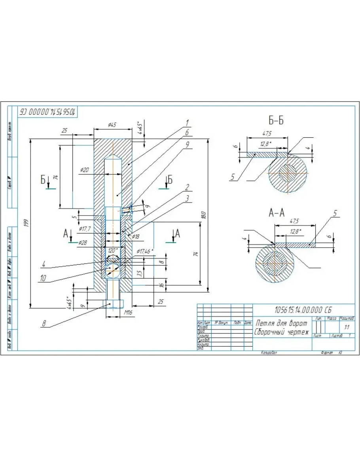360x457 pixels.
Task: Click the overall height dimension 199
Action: [26, 223]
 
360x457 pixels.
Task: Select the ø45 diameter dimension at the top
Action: [112, 125]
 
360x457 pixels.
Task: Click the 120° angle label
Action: [113, 250]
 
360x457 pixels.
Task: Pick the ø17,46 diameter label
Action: [145, 251]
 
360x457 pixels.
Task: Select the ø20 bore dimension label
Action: [84, 170]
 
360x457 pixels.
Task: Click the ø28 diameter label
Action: [82, 242]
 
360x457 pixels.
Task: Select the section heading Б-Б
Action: [275, 121]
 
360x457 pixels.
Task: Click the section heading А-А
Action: [277, 213]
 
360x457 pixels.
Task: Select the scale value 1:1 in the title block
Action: [347, 327]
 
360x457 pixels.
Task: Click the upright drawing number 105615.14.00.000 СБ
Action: [303, 309]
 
